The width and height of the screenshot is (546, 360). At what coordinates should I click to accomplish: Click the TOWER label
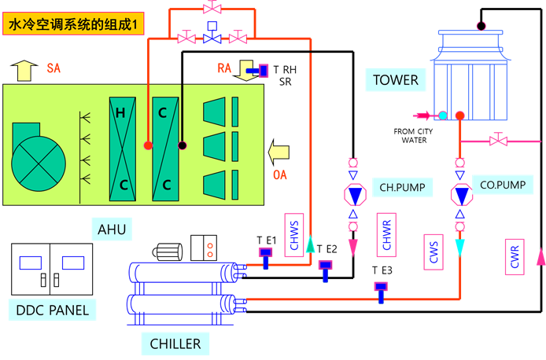click(x=396, y=79)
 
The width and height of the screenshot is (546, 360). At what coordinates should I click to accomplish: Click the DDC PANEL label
click(x=53, y=310)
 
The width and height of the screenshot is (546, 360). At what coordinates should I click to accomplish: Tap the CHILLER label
click(x=175, y=343)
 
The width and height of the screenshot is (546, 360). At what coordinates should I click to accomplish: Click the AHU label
click(x=111, y=230)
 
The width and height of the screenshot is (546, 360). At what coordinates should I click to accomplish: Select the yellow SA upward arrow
click(x=24, y=71)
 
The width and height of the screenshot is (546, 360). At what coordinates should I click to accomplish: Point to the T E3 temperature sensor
click(x=382, y=289)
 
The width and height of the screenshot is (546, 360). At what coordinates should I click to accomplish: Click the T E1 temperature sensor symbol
click(x=266, y=254)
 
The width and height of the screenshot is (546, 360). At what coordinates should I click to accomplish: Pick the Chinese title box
click(x=73, y=26)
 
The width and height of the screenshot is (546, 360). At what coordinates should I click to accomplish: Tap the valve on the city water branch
click(x=496, y=141)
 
